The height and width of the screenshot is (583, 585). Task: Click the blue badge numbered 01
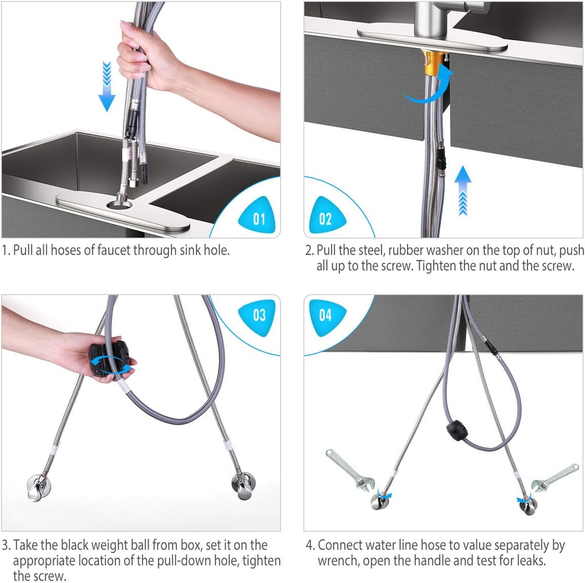coord(257,216)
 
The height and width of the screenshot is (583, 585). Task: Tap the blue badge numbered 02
coord(326,216)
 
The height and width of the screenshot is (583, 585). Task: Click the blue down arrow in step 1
coord(107,86)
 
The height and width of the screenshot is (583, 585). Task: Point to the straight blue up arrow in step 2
coord(463,190)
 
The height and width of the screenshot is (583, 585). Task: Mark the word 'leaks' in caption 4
coord(531,560)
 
